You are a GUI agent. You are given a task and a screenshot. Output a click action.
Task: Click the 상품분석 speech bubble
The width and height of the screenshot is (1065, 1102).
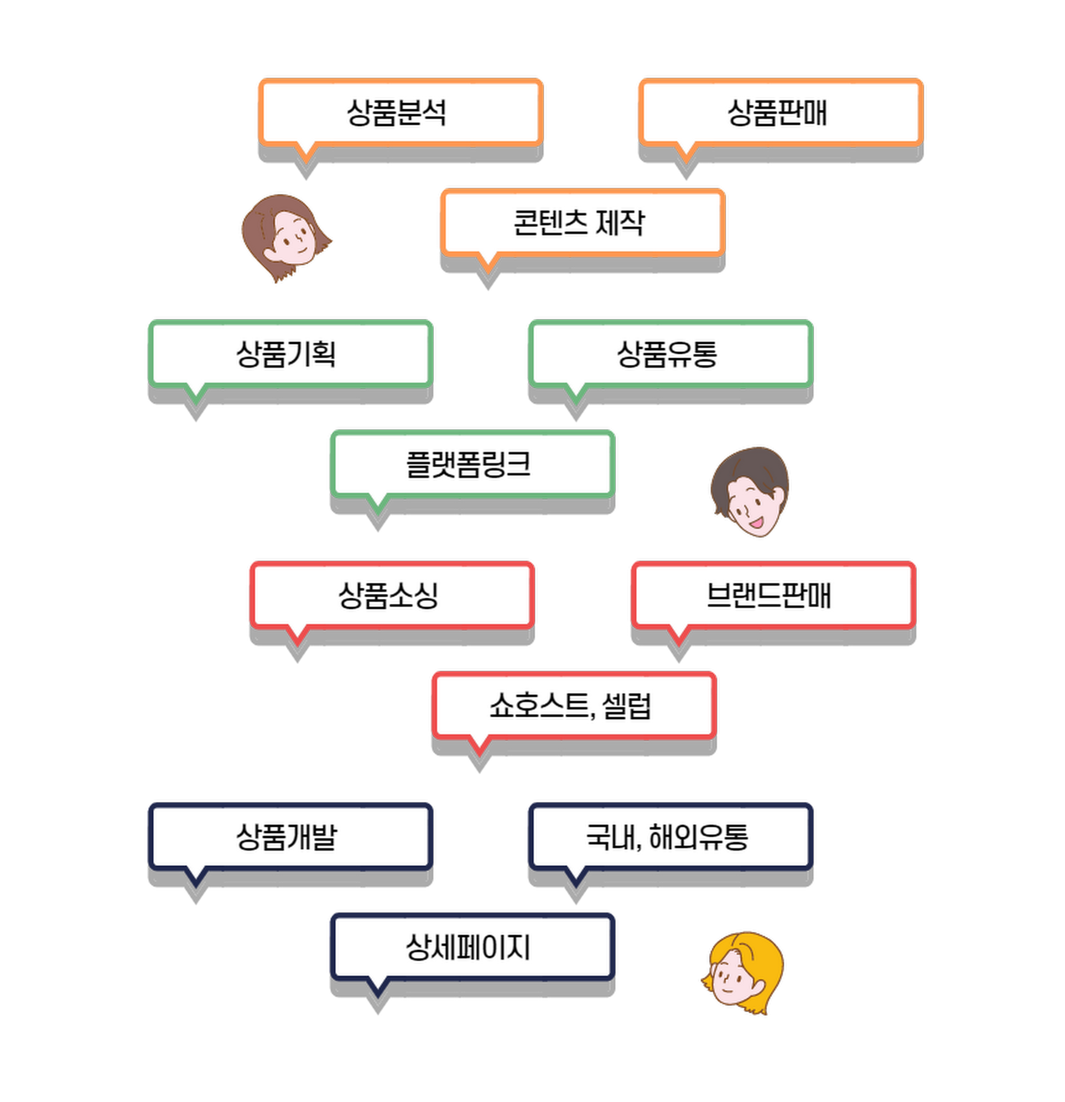400,113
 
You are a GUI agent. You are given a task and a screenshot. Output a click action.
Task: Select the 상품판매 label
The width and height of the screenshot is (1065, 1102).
779,113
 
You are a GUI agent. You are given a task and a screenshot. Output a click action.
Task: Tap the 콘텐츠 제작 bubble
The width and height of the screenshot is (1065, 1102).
581,222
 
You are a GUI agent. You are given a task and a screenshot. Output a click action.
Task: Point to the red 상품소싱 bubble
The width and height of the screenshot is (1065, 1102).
391,596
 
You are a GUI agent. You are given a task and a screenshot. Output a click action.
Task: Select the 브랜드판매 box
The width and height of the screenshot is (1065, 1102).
772,596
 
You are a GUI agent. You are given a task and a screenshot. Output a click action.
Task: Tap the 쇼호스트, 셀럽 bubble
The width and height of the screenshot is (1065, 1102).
572,705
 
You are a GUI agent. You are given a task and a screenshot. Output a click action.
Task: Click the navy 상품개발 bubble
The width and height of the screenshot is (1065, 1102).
290,836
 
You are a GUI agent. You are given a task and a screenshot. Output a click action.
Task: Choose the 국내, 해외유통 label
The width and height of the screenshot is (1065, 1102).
669,836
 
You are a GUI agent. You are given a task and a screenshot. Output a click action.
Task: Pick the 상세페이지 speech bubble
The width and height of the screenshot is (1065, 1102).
471,947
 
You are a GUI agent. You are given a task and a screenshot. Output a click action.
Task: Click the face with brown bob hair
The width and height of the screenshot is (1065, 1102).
286,237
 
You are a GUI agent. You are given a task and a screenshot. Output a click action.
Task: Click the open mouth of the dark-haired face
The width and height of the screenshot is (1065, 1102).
757,523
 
